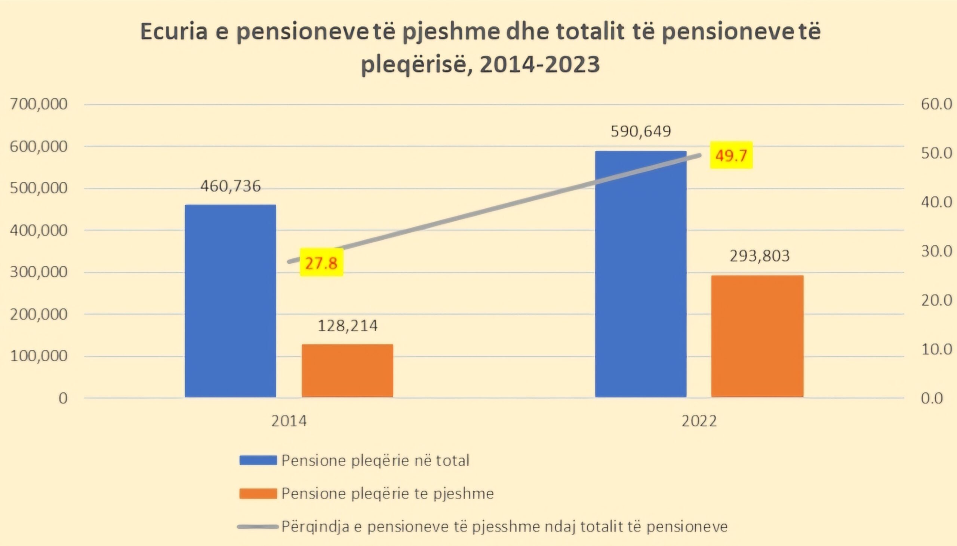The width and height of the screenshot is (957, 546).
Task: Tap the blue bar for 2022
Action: [x=641, y=274]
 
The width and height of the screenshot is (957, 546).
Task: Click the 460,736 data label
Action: [x=230, y=186]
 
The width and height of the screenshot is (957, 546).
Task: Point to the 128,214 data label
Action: [x=348, y=326]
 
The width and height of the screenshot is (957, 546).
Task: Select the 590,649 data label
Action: [x=641, y=132]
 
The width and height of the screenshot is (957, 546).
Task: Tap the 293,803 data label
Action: [x=760, y=256]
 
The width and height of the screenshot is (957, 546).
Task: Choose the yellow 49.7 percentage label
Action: [x=731, y=155]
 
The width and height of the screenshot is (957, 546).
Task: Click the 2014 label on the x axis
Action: [x=289, y=421]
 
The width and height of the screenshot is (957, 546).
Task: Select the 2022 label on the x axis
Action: [x=699, y=421]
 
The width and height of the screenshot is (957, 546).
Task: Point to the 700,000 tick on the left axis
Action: [x=39, y=104]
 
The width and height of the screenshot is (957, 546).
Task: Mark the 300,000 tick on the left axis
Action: [x=39, y=272]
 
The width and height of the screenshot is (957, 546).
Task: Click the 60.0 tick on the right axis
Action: [x=936, y=104]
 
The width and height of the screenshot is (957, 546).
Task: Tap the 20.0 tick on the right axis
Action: [x=936, y=300]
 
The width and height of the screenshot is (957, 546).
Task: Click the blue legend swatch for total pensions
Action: [x=258, y=460]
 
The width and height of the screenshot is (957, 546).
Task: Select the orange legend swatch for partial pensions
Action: [x=258, y=493]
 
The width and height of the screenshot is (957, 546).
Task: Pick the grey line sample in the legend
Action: [x=258, y=527]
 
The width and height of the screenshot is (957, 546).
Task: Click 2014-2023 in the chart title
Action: [x=539, y=64]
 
